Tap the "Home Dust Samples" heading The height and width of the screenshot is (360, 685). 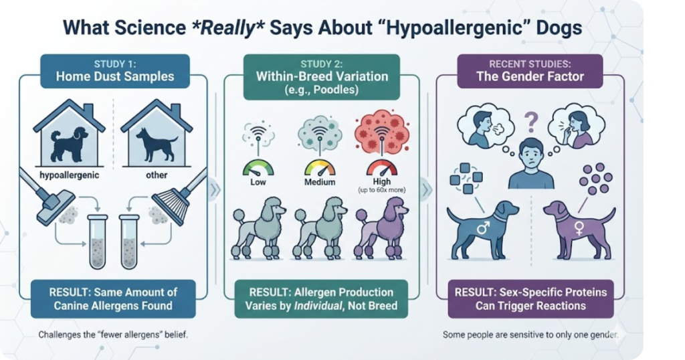[115, 76]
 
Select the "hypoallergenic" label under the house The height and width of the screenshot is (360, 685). [69, 175]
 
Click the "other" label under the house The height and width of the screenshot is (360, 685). [157, 175]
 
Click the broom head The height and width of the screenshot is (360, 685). [171, 205]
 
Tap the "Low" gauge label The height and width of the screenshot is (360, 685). [258, 182]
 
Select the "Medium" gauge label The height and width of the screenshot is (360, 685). [320, 182]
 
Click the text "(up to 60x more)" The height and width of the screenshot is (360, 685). [381, 190]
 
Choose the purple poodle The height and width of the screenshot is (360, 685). [382, 228]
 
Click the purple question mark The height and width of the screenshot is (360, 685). [531, 122]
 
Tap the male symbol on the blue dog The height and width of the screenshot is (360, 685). [483, 228]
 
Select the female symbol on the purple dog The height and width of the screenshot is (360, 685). [579, 228]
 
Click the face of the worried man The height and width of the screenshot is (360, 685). [530, 154]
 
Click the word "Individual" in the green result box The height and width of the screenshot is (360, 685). [318, 305]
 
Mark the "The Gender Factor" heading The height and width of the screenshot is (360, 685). [530, 77]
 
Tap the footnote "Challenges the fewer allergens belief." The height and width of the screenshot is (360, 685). [113, 335]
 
